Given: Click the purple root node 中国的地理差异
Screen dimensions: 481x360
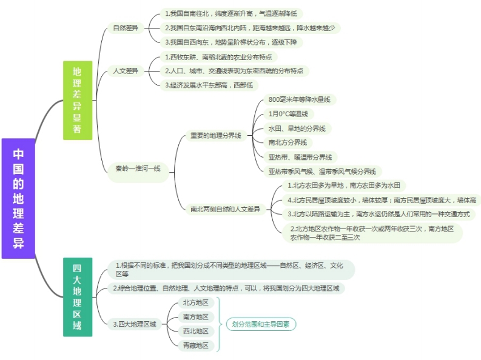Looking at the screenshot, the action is click(18, 198).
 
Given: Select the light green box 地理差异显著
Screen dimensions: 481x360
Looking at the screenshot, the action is click(78, 101).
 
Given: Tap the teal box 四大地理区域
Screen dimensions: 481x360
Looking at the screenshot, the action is click(78, 297).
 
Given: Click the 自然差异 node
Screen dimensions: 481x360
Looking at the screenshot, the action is click(126, 28).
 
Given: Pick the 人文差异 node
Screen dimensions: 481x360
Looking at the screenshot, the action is click(126, 71).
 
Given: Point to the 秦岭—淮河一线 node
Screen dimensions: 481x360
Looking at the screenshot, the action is click(138, 172).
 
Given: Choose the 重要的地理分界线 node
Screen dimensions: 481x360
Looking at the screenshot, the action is click(216, 135).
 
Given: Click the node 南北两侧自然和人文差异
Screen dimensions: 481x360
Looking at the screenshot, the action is click(226, 209).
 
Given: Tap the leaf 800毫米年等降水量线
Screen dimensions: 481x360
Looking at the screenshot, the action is click(300, 99).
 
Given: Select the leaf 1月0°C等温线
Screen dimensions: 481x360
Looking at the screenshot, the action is click(288, 114).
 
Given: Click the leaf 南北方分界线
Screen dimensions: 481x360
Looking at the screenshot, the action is click(288, 142).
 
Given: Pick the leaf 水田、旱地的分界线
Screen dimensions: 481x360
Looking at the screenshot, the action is click(297, 128).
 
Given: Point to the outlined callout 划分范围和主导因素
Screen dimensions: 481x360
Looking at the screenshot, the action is click(261, 324).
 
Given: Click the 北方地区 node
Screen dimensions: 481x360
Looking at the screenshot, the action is click(196, 302).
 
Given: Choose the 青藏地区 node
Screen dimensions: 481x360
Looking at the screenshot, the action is click(196, 345).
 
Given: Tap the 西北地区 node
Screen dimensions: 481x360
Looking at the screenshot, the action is click(196, 331).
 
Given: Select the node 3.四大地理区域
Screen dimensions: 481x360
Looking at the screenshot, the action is click(135, 324).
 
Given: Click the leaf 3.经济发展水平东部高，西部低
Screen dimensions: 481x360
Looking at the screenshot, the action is click(209, 85).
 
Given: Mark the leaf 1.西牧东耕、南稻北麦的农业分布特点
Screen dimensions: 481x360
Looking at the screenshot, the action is click(219, 57).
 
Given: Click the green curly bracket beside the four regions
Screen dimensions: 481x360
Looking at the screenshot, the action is click(219, 324).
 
